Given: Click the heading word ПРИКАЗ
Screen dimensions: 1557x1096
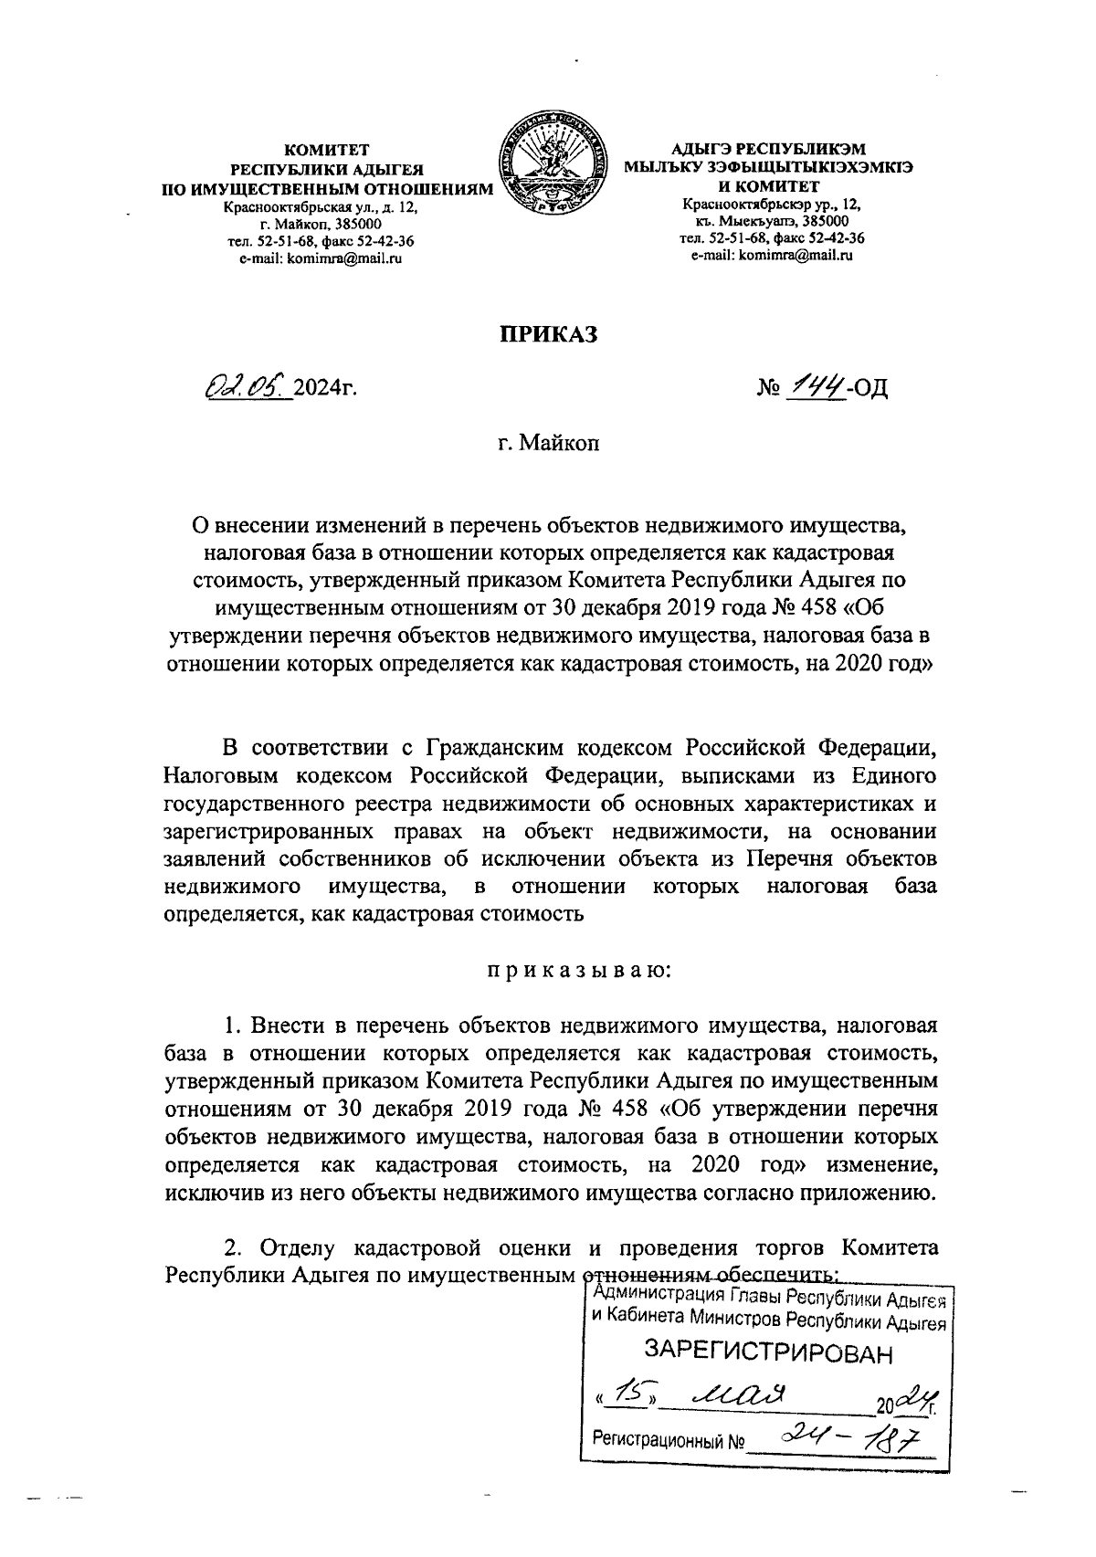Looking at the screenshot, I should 547,334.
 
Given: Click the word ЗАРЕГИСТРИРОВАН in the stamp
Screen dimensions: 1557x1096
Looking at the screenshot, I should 766,1352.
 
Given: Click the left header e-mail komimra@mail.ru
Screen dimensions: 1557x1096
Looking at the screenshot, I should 320,258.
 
